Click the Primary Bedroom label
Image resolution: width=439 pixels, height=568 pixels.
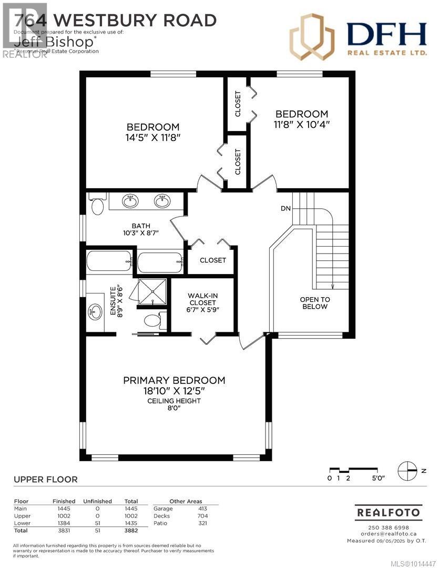point(174,380)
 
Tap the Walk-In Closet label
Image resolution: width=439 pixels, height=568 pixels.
point(202,302)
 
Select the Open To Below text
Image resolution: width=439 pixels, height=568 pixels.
point(315,303)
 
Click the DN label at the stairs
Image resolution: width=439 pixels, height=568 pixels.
point(285,209)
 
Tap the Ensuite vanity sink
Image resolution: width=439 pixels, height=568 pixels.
point(95,311)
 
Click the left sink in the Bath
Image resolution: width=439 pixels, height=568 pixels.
point(130,200)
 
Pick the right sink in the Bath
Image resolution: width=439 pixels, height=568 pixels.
point(162,200)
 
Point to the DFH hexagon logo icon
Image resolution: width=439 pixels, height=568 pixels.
point(312,37)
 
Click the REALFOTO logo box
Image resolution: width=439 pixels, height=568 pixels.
point(388,512)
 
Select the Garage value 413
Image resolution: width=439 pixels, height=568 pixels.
point(202,509)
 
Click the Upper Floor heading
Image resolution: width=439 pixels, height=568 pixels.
point(45,479)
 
